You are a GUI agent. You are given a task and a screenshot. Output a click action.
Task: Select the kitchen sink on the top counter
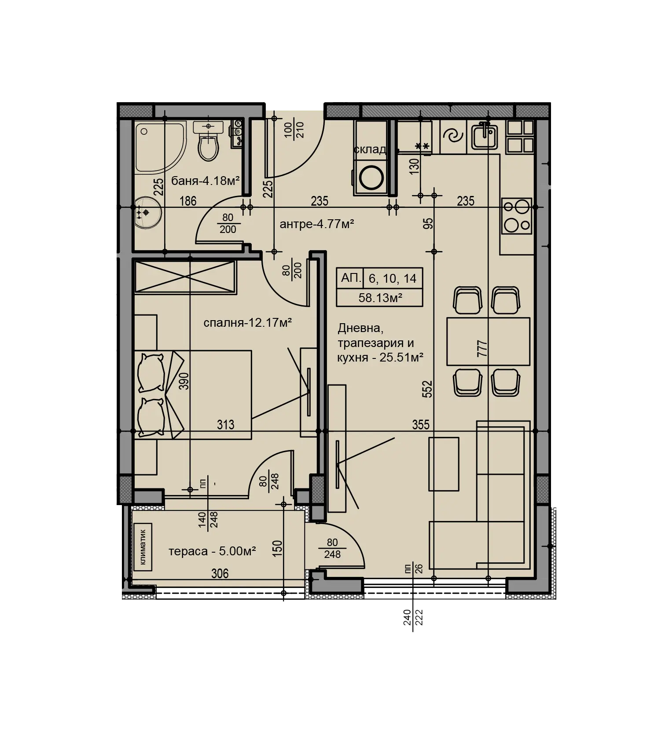pyautogui.click(x=485, y=137)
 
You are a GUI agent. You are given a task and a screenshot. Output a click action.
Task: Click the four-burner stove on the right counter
pyautogui.click(x=517, y=216)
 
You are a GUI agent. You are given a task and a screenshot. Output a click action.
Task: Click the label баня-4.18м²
pyautogui.click(x=206, y=181)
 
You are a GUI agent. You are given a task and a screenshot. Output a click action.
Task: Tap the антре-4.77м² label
pyautogui.click(x=317, y=224)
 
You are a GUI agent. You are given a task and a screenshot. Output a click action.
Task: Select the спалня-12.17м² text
pyautogui.click(x=248, y=323)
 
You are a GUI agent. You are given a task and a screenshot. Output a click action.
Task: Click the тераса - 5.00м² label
pyautogui.click(x=212, y=551)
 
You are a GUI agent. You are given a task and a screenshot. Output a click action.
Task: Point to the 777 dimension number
pyautogui.click(x=482, y=348)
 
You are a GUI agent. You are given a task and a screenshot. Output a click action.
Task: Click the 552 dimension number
pyautogui.click(x=427, y=389)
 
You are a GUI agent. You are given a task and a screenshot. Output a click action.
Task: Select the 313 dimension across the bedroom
pyautogui.click(x=225, y=425)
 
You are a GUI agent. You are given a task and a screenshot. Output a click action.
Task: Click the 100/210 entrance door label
pyautogui.click(x=294, y=130)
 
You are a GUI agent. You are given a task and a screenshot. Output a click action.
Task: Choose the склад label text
pyautogui.click(x=370, y=150)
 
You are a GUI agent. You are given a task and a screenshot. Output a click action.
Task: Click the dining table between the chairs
pyautogui.click(x=488, y=341)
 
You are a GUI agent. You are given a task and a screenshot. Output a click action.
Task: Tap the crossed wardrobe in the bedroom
pyautogui.click(x=185, y=277)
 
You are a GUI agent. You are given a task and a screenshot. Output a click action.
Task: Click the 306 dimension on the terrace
pyautogui.click(x=220, y=573)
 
